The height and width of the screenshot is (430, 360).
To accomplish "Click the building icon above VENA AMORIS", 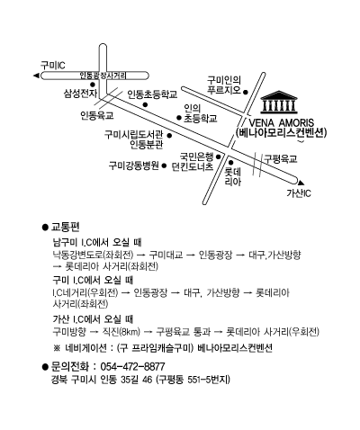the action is click(279, 103).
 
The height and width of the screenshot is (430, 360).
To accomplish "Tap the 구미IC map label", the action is click(53, 65).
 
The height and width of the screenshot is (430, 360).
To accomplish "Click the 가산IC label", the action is click(299, 193).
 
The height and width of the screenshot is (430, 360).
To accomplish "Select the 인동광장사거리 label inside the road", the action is click(103, 76).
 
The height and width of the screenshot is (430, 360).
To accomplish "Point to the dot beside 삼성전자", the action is click(93, 85).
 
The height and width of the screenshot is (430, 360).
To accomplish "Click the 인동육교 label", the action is click(97, 115).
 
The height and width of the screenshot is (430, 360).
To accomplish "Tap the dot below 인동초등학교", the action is click(145, 104).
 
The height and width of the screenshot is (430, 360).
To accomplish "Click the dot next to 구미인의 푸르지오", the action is click(245, 92).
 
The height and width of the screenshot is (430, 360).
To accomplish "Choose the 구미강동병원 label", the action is click(133, 166).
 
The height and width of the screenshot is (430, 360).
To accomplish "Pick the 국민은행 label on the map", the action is click(196, 157).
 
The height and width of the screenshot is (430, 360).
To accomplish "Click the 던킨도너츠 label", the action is click(193, 166).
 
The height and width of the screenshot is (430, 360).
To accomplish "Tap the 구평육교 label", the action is click(281, 158).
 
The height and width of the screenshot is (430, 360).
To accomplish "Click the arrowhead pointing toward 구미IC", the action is click(36, 76).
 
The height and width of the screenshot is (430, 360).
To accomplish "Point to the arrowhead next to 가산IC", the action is click(301, 183).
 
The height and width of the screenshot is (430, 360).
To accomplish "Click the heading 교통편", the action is click(66, 227).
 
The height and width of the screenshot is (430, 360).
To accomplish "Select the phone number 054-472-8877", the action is click(132, 366).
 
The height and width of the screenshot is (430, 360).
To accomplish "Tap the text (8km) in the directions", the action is click(130, 332).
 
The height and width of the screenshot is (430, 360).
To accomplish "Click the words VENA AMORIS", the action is click(282, 123).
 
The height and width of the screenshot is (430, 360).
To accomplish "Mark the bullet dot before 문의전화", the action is click(45, 366).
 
